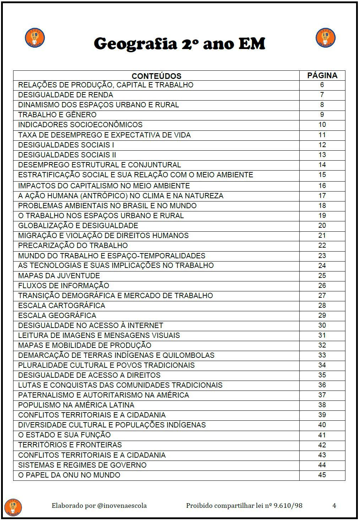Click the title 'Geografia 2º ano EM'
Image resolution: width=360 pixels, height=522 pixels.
pos(179,44)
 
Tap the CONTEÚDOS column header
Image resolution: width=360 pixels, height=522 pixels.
pos(156,76)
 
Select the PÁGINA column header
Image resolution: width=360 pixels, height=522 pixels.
pos(322,75)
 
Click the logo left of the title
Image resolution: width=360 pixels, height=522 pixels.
pos(35,38)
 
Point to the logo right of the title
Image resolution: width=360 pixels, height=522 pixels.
pos(325,38)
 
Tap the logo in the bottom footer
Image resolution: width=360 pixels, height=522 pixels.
pos(13,507)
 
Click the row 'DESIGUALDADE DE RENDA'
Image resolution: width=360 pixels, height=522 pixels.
pos(66,95)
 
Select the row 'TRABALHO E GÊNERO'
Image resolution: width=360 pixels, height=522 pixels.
pos(57,115)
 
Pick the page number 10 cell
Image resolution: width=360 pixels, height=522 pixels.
pos(322,125)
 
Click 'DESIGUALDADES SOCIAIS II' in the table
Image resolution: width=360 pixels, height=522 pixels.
pos(67,155)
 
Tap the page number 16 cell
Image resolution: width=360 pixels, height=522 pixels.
pos(322,185)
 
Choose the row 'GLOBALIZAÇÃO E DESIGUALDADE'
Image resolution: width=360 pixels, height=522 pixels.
pos(78,226)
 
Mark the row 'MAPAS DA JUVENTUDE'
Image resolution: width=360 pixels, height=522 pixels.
pos(59,276)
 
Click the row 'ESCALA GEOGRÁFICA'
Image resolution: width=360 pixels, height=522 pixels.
pos(57,316)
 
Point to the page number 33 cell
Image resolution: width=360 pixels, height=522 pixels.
pos(322,355)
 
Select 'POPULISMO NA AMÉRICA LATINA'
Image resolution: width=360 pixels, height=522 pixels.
pos(76,405)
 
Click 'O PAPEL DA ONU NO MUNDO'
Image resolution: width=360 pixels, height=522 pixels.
pos(69,475)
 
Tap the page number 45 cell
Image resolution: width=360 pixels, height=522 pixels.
pos(322,475)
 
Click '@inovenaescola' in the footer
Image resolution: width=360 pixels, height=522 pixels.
pos(122,506)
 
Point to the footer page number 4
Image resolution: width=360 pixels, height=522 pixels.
pos(334,506)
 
